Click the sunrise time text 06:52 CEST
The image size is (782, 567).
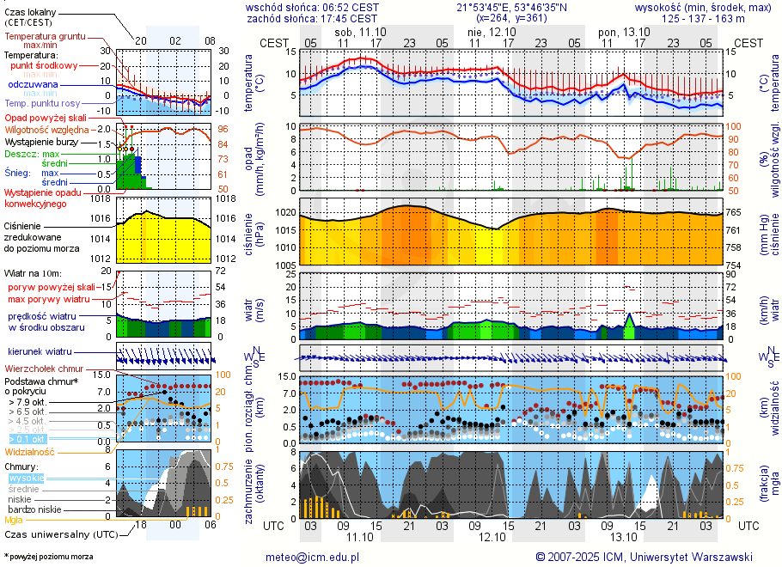coord(349,7)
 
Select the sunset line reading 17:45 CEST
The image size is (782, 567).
coord(311,17)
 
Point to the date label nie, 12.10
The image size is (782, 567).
coord(486,32)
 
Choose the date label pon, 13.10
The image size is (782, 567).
coord(618,32)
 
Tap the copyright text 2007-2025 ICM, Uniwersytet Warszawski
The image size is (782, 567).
coord(650,557)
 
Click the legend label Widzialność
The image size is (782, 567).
coord(30,451)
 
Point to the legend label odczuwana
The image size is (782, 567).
coord(33,85)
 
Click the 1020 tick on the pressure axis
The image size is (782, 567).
coord(285,211)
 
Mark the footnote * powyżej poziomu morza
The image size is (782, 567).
coord(48,557)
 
